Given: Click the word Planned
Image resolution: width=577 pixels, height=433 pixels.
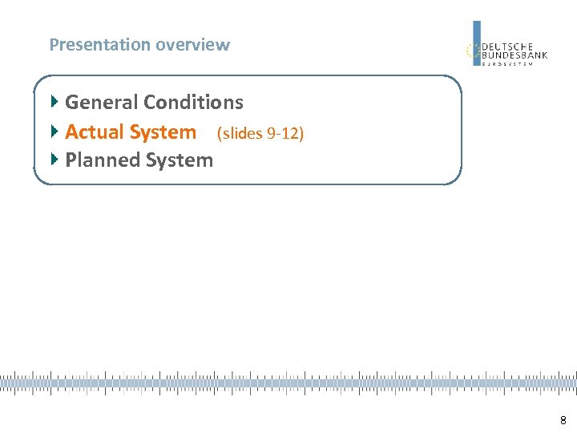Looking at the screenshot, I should tap(99, 160).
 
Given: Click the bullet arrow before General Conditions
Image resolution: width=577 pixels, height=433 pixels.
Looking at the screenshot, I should tap(54, 102).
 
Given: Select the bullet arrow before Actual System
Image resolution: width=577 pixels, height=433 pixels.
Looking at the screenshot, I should tap(54, 131).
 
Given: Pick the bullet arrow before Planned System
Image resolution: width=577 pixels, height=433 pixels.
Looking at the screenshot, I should tap(54, 160).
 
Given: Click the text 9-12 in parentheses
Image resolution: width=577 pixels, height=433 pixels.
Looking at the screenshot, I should tap(284, 133).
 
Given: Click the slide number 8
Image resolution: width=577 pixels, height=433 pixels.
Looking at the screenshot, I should tap(563, 420).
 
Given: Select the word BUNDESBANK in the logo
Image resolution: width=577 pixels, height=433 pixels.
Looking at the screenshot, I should tap(514, 55).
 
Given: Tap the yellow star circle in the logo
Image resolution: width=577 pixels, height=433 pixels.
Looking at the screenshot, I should tap(473, 51).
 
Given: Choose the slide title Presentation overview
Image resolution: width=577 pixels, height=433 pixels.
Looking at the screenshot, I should tap(139, 45).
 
